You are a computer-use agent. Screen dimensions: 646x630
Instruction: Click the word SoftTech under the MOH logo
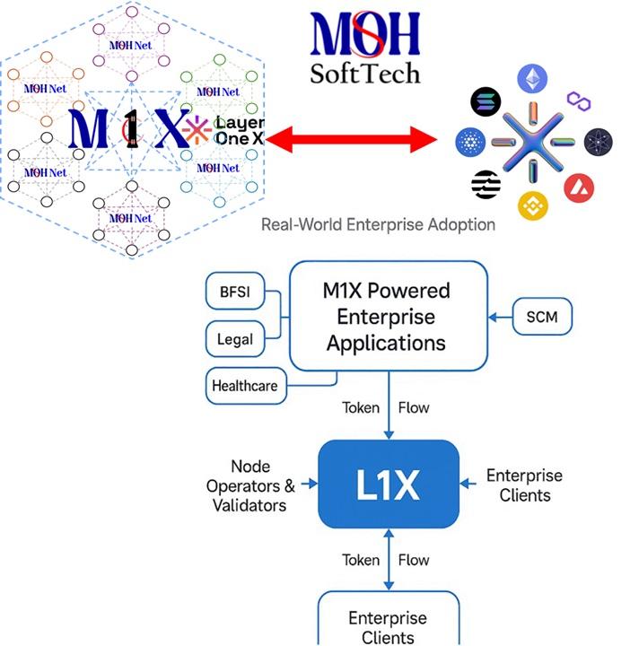(x=364, y=72)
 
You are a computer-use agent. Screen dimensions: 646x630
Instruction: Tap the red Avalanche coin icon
(x=579, y=187)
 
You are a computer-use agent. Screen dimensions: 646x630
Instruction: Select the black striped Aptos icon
(x=486, y=184)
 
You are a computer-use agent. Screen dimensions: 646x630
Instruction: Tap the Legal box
(x=235, y=340)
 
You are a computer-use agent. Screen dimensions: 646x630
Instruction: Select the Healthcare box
(x=244, y=387)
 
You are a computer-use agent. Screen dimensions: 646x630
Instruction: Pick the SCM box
(x=542, y=317)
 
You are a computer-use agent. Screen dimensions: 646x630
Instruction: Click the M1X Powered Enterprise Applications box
(x=386, y=317)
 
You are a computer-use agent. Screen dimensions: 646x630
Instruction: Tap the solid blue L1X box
(x=389, y=484)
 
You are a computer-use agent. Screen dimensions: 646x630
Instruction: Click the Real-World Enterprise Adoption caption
(x=378, y=224)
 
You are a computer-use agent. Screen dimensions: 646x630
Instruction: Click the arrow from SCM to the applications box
(x=500, y=317)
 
